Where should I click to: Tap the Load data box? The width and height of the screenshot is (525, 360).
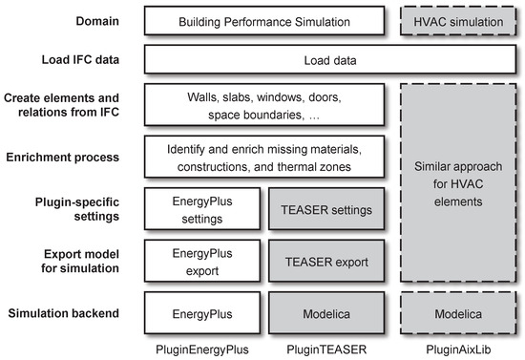point(329,62)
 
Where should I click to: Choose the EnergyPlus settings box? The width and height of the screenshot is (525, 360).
point(200,209)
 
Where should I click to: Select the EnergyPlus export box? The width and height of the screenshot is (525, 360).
point(200,261)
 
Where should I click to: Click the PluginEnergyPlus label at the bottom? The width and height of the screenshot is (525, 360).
point(200,349)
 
